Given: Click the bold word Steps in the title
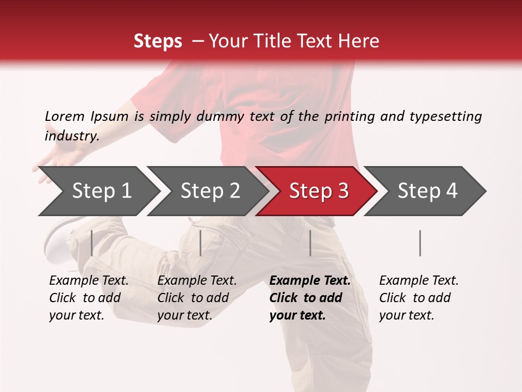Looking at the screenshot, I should click(x=158, y=41).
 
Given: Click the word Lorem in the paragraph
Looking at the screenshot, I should click(x=64, y=116).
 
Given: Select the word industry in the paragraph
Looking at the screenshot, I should click(x=71, y=136).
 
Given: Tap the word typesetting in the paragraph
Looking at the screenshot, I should click(x=445, y=117).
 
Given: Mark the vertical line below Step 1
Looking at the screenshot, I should click(x=92, y=243).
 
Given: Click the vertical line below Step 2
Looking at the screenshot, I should click(x=201, y=243).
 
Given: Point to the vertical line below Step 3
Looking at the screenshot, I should click(x=310, y=243).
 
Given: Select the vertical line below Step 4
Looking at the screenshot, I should click(x=420, y=243).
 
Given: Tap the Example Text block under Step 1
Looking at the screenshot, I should click(x=89, y=298).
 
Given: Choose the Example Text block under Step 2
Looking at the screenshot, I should click(x=197, y=298).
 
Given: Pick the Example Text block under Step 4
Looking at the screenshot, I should click(x=419, y=298).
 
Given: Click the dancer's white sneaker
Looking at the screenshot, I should click(x=57, y=240).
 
